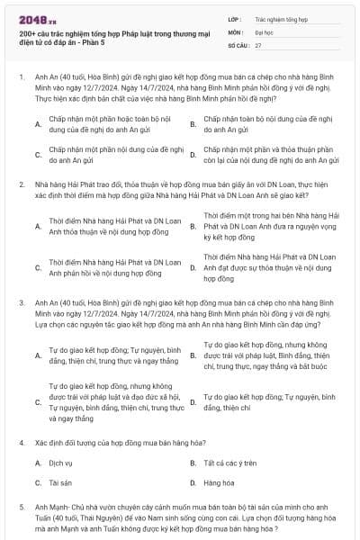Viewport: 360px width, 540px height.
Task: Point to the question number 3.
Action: click(x=22, y=305)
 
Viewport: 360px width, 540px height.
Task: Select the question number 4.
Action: click(x=22, y=444)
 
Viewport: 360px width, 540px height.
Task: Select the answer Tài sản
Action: click(x=60, y=482)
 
